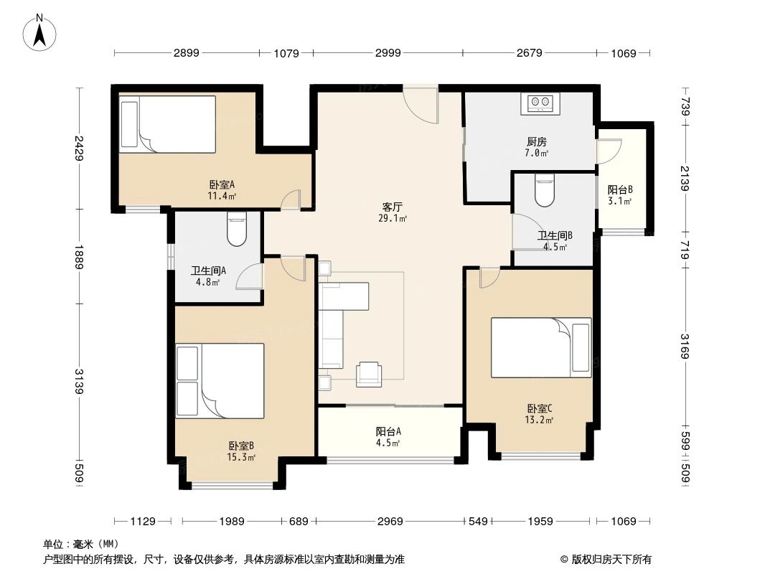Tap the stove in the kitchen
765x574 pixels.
[x=540, y=103]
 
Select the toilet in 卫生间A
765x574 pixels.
[x=236, y=229]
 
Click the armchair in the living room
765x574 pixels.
[x=370, y=372]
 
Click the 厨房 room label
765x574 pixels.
[x=536, y=142]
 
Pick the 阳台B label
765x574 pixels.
[x=620, y=190]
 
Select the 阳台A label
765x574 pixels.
[x=388, y=432]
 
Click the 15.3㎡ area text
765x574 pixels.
[x=241, y=457]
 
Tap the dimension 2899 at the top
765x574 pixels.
[x=186, y=52]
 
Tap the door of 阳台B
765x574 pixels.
[x=606, y=149]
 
